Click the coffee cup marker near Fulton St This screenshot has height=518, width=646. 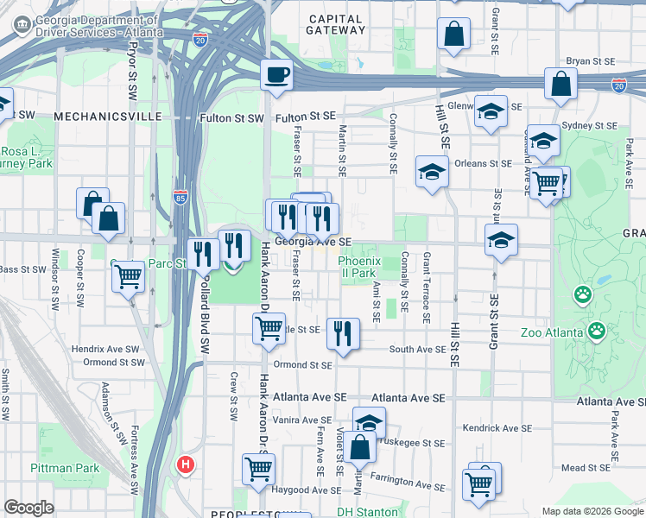click(x=276, y=75)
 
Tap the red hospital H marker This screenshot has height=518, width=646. click(x=184, y=464)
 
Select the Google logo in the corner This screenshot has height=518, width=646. click(x=28, y=507)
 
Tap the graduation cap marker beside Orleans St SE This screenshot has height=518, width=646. click(x=432, y=171)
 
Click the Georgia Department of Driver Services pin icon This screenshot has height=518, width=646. click(x=22, y=27)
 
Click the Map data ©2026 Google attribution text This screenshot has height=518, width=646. click(x=592, y=510)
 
